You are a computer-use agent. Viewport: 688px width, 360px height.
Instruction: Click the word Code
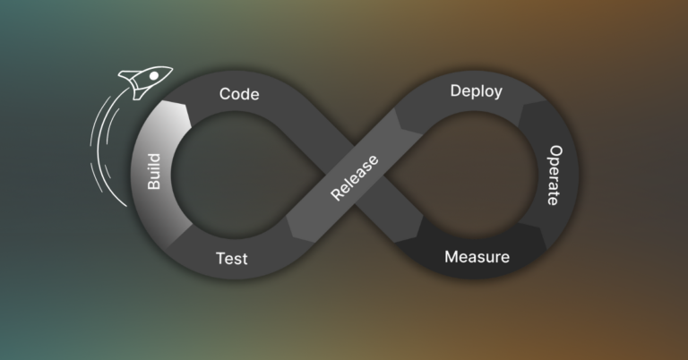239,94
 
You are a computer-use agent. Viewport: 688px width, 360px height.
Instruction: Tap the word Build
153,170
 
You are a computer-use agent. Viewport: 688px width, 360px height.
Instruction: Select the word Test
231,260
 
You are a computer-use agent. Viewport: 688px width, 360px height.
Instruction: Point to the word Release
354,178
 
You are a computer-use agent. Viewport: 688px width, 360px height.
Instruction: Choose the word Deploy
476,91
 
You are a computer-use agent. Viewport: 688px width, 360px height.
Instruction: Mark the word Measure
477,258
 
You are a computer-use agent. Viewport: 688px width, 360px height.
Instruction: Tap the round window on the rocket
153,77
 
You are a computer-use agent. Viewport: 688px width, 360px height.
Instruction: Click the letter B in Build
154,184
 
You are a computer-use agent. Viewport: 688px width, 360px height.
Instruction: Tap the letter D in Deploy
455,90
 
